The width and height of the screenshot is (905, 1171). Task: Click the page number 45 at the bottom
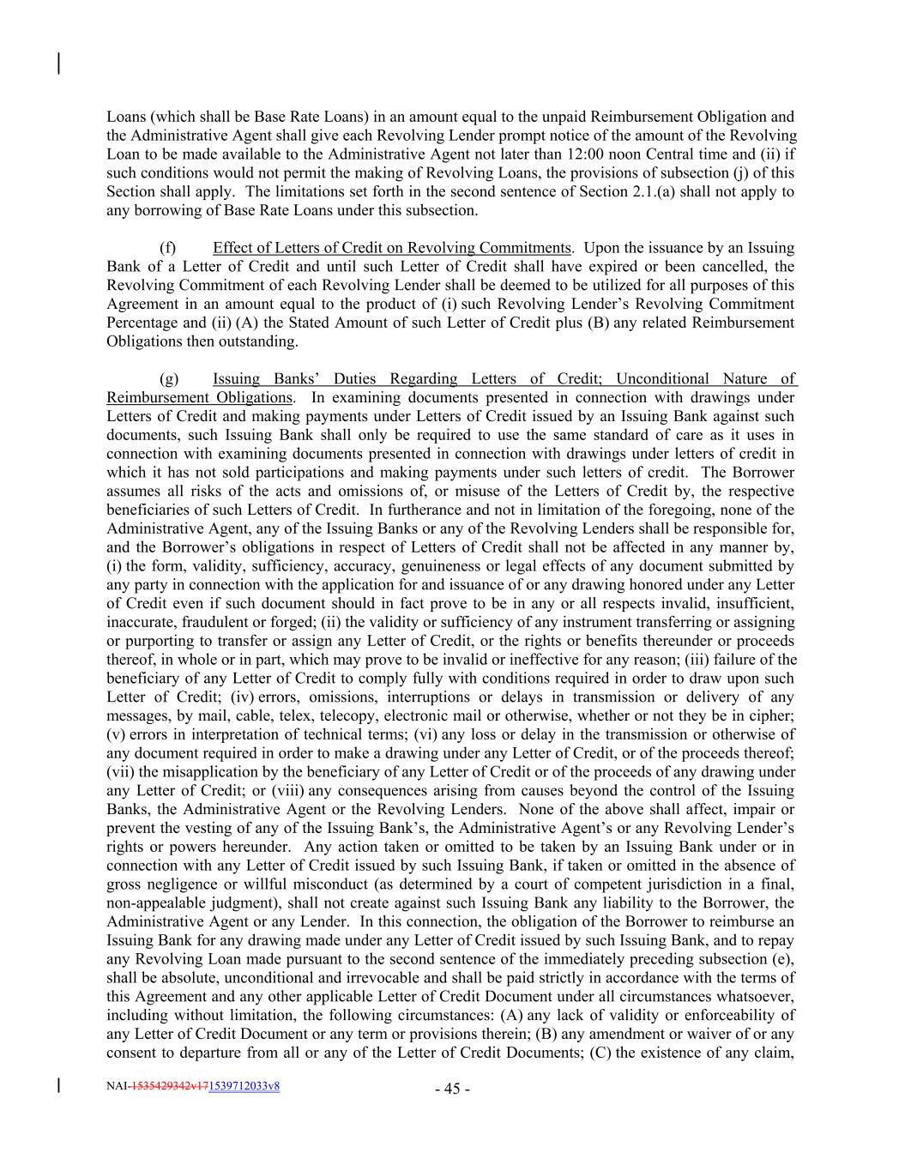(x=452, y=1090)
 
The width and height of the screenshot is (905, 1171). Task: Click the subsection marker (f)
(x=167, y=248)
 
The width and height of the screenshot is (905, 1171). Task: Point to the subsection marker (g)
(x=168, y=378)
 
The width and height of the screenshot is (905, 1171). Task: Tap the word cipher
(x=769, y=715)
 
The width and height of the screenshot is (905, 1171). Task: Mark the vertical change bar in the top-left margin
(x=58, y=63)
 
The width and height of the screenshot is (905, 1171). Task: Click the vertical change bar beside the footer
(x=58, y=1086)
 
